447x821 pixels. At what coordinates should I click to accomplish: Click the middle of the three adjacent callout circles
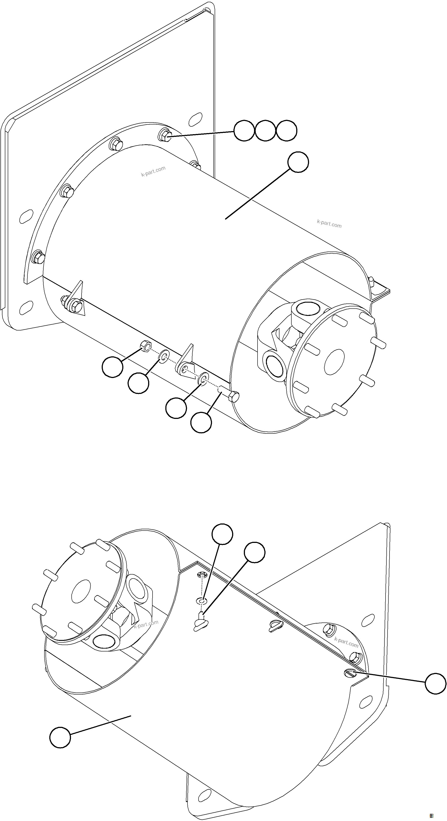tap(265, 131)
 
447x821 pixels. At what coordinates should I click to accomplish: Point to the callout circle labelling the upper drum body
tap(298, 162)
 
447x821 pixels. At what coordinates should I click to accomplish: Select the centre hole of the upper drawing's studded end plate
tap(334, 362)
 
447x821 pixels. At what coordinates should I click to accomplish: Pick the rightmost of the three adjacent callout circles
tap(286, 131)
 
